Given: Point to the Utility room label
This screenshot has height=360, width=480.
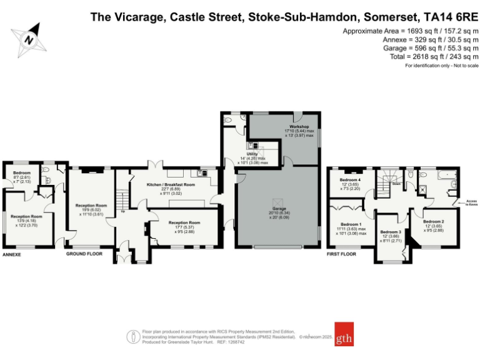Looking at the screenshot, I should point(252,153).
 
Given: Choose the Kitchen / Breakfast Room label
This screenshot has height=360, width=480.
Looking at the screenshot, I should point(171,185).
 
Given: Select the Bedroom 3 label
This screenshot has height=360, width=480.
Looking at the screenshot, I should point(391,232).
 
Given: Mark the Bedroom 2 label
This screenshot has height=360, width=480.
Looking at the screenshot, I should point(433,221).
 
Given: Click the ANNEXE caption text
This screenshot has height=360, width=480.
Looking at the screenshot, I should point(12,255).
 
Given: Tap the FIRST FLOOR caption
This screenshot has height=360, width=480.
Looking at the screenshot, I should point(341,255).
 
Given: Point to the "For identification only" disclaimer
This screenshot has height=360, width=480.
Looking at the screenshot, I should point(441,66).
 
